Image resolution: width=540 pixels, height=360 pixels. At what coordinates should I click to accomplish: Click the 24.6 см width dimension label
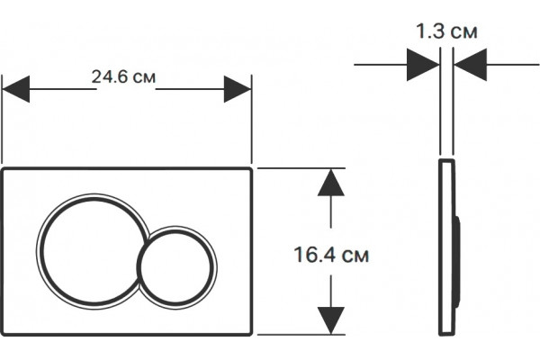[123, 76]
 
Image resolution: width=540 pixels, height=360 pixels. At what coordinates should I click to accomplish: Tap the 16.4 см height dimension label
[331, 255]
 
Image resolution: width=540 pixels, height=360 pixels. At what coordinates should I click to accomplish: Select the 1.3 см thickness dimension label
[446, 31]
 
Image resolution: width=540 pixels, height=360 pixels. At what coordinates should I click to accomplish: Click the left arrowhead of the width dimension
[16, 89]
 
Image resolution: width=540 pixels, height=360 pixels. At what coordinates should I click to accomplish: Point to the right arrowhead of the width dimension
[238, 89]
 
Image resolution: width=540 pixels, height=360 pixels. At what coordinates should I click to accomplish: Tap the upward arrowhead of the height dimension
[331, 183]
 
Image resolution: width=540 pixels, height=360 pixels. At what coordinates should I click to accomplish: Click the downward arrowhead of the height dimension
[331, 320]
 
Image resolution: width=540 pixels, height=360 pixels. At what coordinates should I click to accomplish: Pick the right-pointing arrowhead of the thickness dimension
[423, 65]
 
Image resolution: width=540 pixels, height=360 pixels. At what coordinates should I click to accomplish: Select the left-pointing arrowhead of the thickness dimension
[470, 65]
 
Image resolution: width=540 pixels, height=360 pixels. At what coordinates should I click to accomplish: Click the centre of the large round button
[93, 251]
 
